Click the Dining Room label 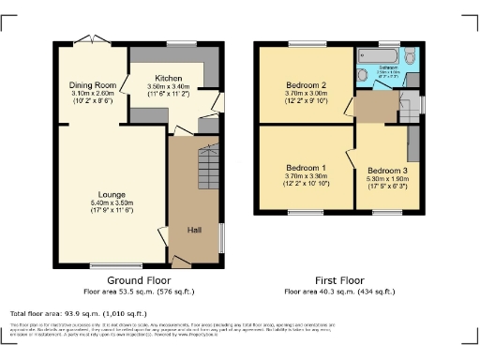(92, 85)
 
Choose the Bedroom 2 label (306, 85)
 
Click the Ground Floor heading (139, 280)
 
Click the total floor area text (78, 313)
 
